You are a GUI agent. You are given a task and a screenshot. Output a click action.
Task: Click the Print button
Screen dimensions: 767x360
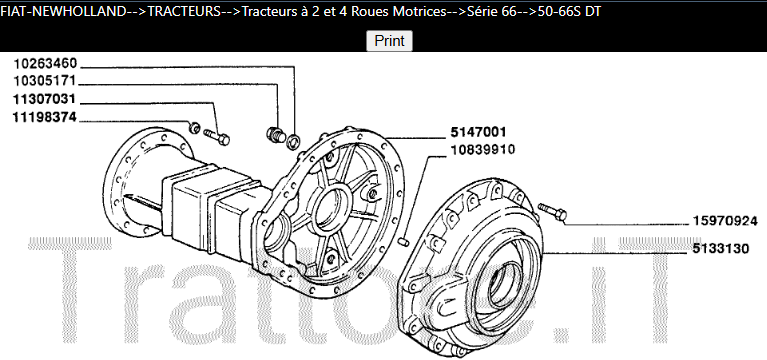click(x=389, y=41)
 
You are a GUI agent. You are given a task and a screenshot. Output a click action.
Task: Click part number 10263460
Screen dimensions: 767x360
click(x=45, y=64)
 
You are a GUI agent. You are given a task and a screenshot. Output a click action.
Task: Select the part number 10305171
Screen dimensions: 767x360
click(x=45, y=81)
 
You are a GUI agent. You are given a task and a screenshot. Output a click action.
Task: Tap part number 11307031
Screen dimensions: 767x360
click(x=45, y=99)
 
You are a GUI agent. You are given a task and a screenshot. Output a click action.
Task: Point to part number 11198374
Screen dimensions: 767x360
click(x=45, y=117)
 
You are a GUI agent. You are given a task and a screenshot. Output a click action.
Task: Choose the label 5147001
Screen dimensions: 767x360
click(x=478, y=132)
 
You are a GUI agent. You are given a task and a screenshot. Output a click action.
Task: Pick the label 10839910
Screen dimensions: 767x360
click(x=482, y=149)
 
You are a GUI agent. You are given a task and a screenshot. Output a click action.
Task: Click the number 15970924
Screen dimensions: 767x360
click(x=725, y=221)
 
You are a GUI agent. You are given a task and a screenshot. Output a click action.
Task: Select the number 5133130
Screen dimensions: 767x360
click(x=721, y=249)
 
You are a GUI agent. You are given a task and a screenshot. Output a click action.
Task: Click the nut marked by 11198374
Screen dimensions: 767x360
click(x=194, y=128)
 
